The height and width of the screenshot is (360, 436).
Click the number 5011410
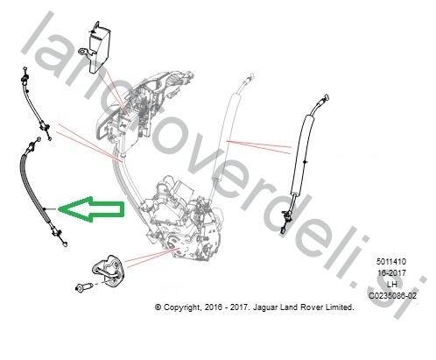pyautogui.click(x=391, y=261)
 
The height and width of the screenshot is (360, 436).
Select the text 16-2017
pyautogui.click(x=391, y=272)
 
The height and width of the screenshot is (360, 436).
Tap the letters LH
pyautogui.click(x=391, y=284)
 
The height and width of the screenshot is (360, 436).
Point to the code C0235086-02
pyautogui.click(x=392, y=295)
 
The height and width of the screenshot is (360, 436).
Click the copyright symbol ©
pyautogui.click(x=158, y=307)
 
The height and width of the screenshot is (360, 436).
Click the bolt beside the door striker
pyautogui.click(x=82, y=287)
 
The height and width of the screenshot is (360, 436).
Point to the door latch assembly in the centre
pyautogui.click(x=181, y=217)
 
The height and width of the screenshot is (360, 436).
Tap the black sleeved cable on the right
pyautogui.click(x=300, y=164)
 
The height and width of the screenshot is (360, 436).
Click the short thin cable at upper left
pyautogui.click(x=34, y=102)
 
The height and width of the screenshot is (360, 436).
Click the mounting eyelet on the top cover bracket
pyautogui.click(x=83, y=52)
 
